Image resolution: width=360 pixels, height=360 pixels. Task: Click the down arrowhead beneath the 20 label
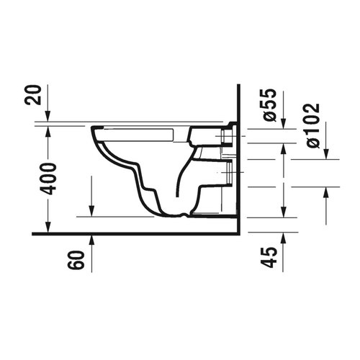48,117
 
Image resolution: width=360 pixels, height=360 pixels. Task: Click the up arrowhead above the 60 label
93,238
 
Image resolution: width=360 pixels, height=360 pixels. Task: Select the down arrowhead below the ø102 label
326,153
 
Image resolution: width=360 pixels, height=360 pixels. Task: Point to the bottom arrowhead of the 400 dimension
48,230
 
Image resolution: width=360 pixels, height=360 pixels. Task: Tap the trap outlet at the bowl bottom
186,214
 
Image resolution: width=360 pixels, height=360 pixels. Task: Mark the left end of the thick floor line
34,235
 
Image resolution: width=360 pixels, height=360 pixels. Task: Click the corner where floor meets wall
238,235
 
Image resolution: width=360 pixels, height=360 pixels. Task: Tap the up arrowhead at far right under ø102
326,191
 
